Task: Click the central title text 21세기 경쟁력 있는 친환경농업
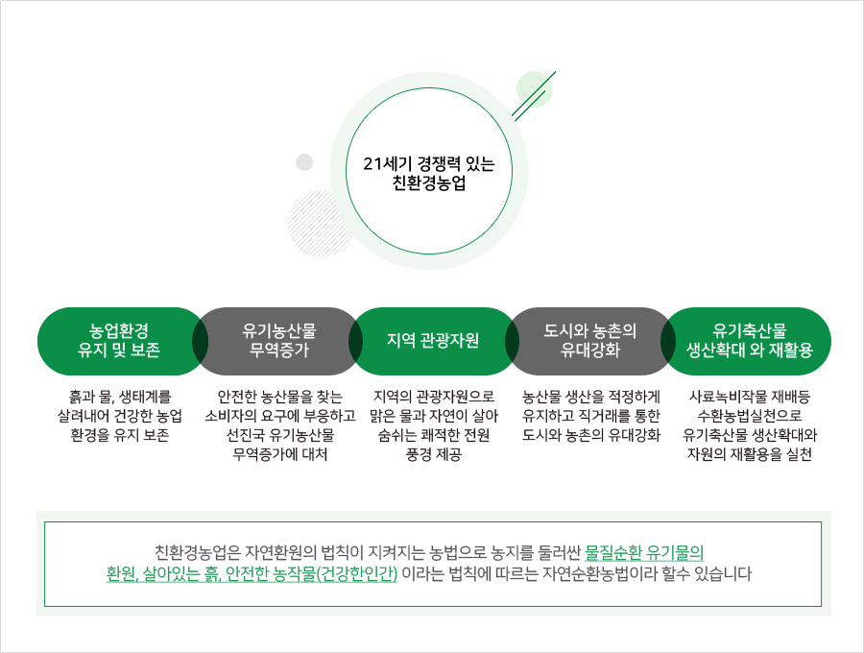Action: coord(429,173)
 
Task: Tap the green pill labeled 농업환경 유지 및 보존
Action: coord(119,341)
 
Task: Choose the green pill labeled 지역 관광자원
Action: coord(433,341)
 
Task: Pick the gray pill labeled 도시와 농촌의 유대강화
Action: coord(590,341)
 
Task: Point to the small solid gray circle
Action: coord(304,162)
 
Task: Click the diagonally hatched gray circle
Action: coord(320,223)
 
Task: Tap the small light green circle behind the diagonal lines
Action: coord(535,88)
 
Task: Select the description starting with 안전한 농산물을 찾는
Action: coord(280,425)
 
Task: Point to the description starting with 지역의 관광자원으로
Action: coord(434,425)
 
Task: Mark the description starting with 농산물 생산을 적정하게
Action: coord(590,416)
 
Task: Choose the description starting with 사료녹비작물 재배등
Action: coord(750,425)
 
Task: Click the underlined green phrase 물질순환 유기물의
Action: coord(644,552)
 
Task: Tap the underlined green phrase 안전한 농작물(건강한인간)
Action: coord(312,573)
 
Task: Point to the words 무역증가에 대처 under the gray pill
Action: coord(280,454)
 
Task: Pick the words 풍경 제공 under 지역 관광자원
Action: coord(434,454)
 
